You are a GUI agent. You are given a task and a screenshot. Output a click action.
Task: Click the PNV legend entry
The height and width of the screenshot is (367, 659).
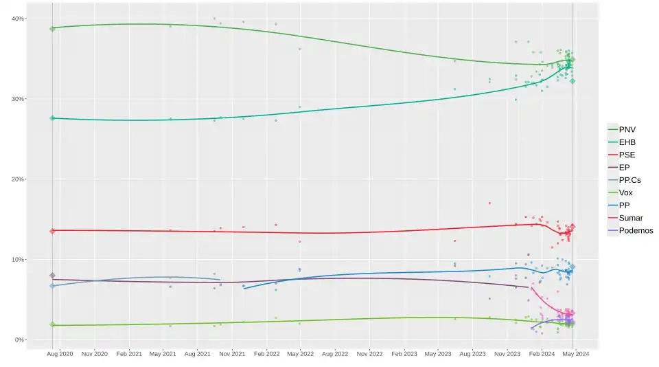coord(622,130)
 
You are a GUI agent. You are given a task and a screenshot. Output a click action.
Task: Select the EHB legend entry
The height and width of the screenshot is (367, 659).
coord(622,142)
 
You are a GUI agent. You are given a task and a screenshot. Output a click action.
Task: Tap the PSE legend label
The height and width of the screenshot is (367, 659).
coord(627,155)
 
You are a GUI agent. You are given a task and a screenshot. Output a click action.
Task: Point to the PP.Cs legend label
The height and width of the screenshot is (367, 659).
coord(629,180)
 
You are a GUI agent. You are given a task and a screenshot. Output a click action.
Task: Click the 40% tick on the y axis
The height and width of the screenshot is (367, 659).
coord(18,19)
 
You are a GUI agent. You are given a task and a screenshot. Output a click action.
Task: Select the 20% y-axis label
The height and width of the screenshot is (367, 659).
coord(18,179)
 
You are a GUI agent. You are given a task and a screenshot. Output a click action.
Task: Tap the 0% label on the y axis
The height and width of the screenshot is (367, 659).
coord(19,340)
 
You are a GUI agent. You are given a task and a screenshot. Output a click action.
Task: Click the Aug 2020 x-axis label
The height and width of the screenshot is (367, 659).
coord(60,354)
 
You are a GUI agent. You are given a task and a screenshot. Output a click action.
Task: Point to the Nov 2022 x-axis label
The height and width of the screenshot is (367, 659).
coord(369,354)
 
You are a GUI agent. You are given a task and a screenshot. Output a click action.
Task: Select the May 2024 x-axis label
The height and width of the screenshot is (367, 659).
coord(576,354)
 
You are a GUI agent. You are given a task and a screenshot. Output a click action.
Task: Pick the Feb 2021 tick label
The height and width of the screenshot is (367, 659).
coord(129,354)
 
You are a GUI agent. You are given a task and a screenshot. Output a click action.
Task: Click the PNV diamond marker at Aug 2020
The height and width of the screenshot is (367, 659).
coord(53,29)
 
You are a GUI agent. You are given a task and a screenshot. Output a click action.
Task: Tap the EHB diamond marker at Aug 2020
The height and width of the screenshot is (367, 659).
coord(53,118)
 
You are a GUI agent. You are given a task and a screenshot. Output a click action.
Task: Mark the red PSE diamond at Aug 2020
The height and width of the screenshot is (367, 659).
coord(53,231)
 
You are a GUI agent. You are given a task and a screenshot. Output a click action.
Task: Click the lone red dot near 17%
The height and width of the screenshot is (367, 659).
coord(489,203)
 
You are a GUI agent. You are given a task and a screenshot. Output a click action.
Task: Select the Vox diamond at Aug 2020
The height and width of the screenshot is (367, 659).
coord(53,324)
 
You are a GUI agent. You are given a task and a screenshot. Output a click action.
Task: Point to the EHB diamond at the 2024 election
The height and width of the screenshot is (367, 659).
coord(573,81)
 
